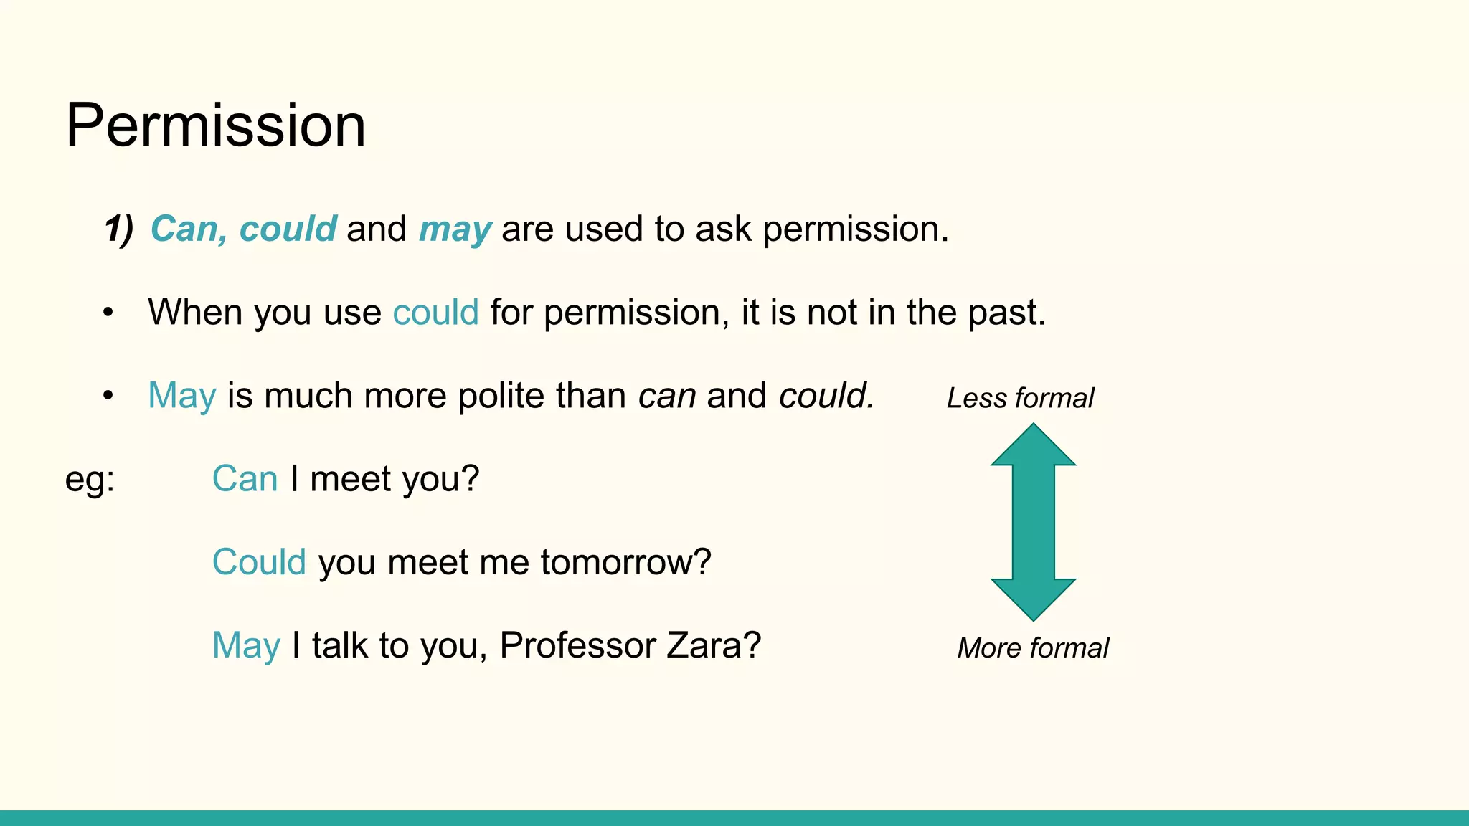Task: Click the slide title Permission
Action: pyautogui.click(x=215, y=125)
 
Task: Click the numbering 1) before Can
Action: pyautogui.click(x=118, y=229)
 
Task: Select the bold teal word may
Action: pyautogui.click(x=455, y=229)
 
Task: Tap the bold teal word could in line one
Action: pyautogui.click(x=288, y=229)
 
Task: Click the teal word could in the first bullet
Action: pyautogui.click(x=435, y=313)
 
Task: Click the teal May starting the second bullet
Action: pyautogui.click(x=181, y=396)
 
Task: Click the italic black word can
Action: pyautogui.click(x=666, y=396)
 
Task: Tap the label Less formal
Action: pyautogui.click(x=1020, y=398)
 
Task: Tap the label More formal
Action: pyautogui.click(x=1033, y=648)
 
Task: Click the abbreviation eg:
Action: pyautogui.click(x=90, y=479)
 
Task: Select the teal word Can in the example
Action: pyautogui.click(x=245, y=479)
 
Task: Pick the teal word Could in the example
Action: pyautogui.click(x=259, y=562)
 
